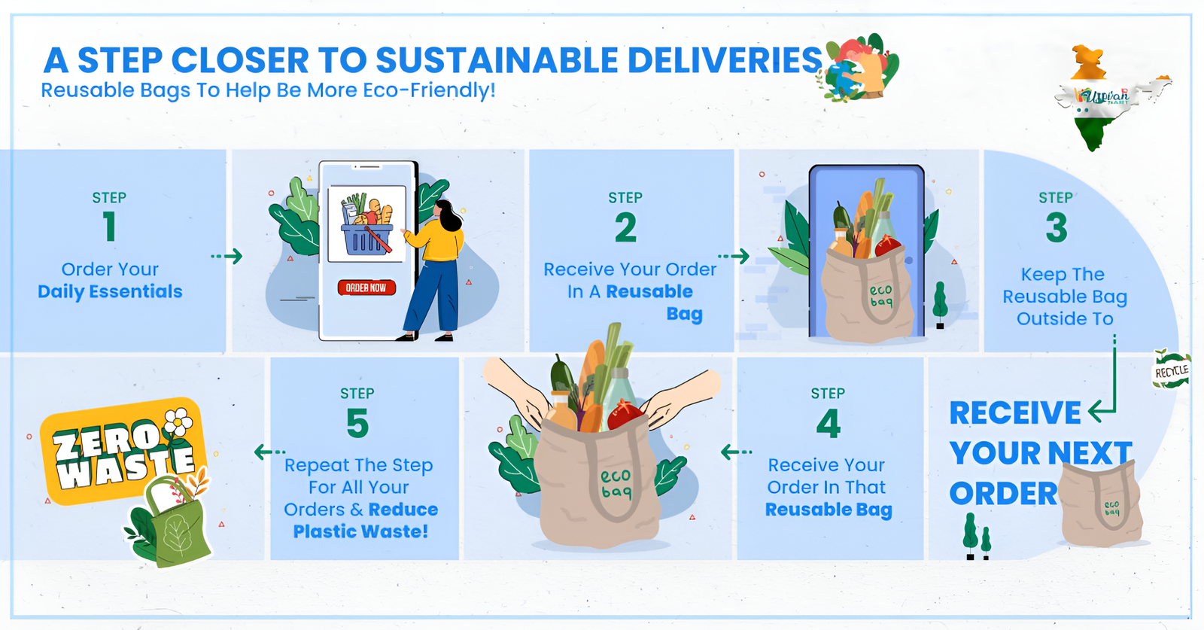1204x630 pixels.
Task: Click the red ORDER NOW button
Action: pos(366,288)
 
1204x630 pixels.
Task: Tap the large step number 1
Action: pos(110,227)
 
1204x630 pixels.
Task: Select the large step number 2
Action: pos(625,227)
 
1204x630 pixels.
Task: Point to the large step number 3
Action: pos(1057,227)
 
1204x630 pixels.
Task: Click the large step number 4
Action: pos(829,424)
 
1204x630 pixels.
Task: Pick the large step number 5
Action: pos(357,424)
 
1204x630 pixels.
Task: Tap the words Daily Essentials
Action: pos(110,291)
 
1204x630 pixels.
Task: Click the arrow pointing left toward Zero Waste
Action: pos(269,452)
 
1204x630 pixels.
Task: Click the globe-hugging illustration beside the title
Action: pos(858,68)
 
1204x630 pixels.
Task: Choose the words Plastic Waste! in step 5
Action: pos(360,531)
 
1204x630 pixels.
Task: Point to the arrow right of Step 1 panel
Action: pos(227,257)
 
